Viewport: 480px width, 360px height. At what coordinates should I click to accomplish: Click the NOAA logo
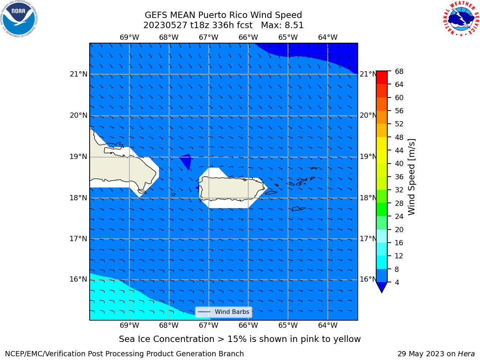(19, 19)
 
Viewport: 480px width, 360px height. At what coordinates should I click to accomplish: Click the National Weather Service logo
(461, 19)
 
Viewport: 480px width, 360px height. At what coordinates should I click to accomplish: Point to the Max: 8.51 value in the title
(282, 25)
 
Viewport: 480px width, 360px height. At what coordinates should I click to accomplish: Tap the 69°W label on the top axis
(129, 37)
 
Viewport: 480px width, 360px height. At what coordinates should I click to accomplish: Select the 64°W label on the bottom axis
(328, 325)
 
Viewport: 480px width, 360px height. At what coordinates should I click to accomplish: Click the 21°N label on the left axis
(78, 74)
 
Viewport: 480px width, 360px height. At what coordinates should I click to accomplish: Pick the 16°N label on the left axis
(78, 279)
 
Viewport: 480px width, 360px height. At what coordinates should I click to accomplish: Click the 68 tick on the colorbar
(399, 72)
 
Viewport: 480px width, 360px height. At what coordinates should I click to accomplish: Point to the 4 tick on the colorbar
(397, 282)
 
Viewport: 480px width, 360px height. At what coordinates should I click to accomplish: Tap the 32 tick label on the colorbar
(399, 190)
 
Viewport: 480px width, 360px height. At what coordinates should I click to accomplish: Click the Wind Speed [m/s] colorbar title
(411, 177)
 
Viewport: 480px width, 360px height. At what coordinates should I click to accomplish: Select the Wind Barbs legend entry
(224, 312)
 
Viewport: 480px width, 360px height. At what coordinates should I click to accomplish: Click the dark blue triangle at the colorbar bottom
(382, 286)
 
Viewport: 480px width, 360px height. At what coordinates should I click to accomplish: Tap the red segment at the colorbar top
(382, 78)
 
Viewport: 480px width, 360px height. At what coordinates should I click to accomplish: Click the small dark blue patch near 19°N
(186, 160)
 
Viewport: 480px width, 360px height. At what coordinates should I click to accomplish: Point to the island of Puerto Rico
(232, 188)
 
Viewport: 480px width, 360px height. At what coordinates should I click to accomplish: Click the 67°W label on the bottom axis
(208, 325)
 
